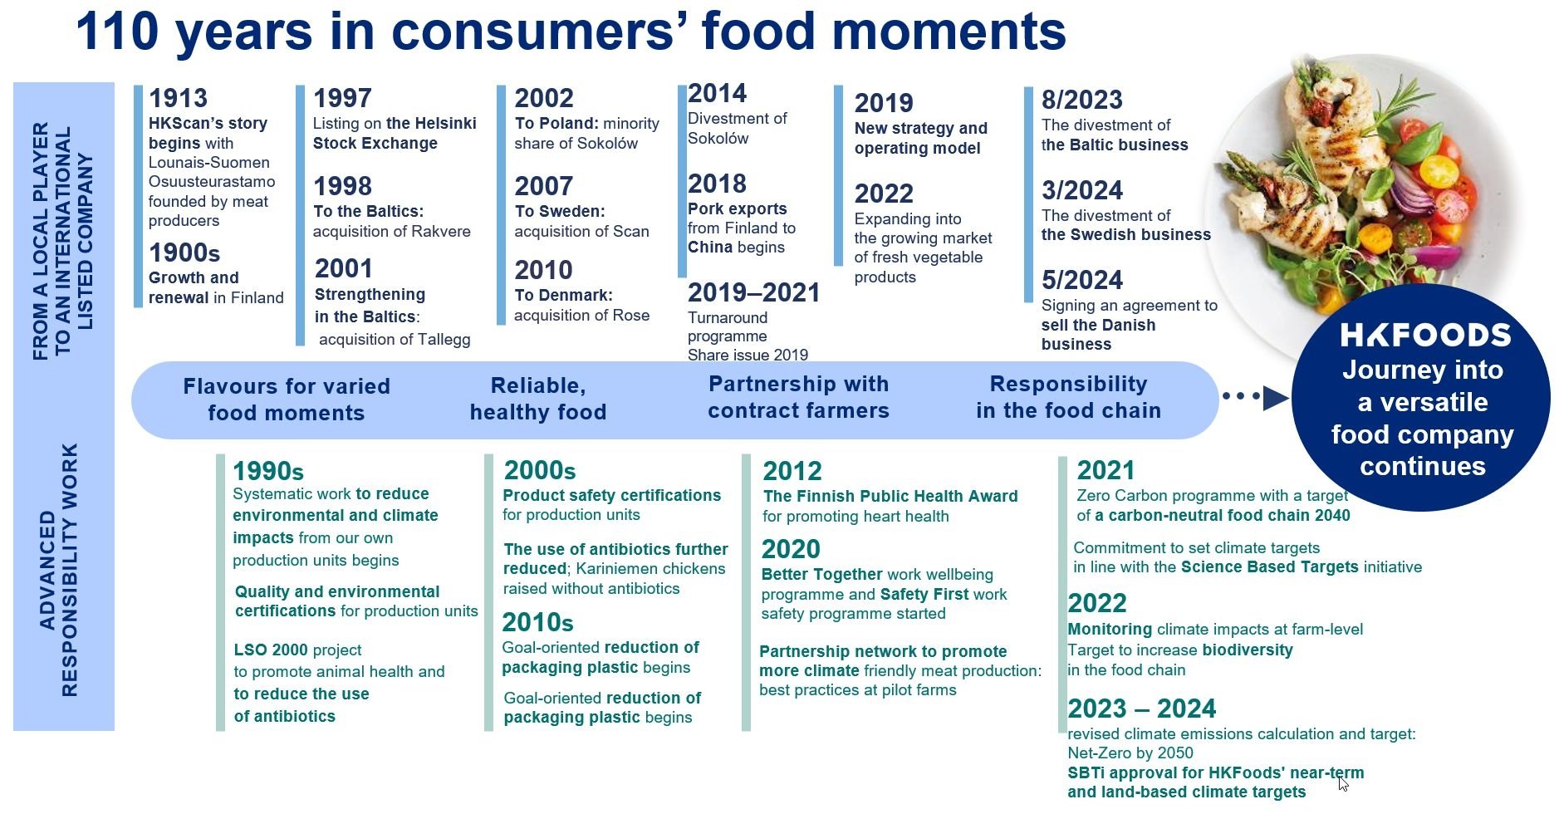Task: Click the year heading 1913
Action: [178, 98]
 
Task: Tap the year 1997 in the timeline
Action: [342, 98]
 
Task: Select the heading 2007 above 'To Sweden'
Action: [543, 186]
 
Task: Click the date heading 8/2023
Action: [1082, 100]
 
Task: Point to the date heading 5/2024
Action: [1082, 280]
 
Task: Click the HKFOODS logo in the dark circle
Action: [1425, 336]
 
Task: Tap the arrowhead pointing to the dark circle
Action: [1276, 398]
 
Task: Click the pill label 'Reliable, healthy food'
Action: [538, 399]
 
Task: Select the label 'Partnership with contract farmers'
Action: [798, 397]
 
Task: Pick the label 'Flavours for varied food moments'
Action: [287, 400]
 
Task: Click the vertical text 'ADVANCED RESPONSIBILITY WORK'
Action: [58, 570]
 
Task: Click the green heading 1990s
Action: [268, 471]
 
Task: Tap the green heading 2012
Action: [792, 471]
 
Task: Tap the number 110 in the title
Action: [117, 32]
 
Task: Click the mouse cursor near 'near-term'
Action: [1343, 783]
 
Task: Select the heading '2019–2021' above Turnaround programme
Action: [753, 292]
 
